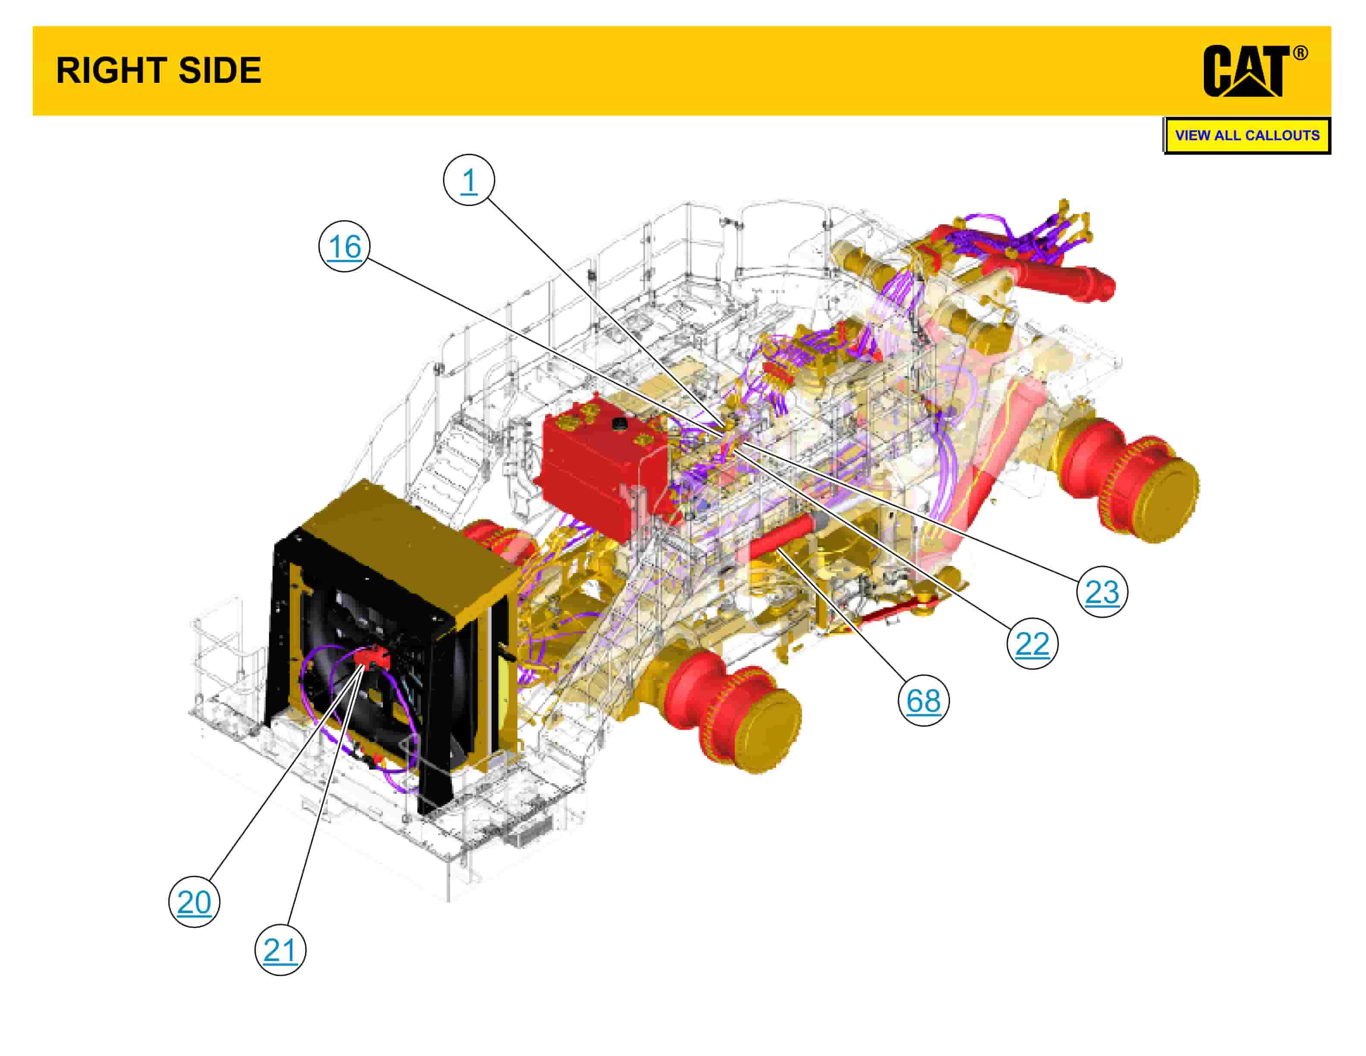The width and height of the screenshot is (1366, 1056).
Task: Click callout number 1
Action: coord(468,180)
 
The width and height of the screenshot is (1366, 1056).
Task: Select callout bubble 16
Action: coord(344,246)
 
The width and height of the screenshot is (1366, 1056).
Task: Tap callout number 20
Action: coord(194,902)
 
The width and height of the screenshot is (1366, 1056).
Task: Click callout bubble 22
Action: coord(1032,643)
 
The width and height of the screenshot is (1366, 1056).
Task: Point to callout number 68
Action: coord(923,700)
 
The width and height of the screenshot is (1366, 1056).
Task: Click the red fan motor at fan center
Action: coord(372,657)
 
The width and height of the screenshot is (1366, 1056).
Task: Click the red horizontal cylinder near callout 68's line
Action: coord(782,538)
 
